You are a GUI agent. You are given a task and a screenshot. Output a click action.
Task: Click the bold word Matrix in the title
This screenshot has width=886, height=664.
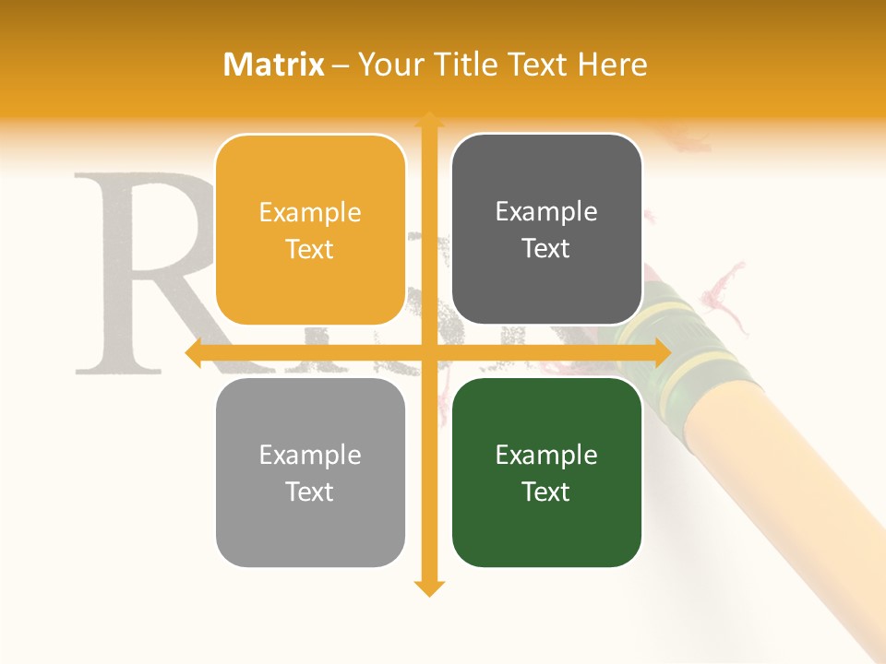pyautogui.click(x=274, y=64)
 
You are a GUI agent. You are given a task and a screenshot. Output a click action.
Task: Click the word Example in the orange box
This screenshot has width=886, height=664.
pyautogui.click(x=310, y=212)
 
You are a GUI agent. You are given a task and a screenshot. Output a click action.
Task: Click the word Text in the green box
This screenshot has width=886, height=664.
pyautogui.click(x=546, y=492)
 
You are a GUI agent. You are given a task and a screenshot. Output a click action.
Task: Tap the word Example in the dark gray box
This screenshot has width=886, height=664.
pyautogui.click(x=546, y=211)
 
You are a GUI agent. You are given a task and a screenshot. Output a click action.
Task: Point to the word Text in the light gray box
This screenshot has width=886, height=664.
pyautogui.click(x=310, y=492)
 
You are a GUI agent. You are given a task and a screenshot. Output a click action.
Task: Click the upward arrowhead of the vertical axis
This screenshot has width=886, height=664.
pyautogui.click(x=428, y=120)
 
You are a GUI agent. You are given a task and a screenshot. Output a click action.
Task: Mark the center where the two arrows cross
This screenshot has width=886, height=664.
pyautogui.click(x=428, y=352)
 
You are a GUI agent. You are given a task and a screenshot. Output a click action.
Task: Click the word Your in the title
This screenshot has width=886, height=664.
pyautogui.click(x=388, y=64)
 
